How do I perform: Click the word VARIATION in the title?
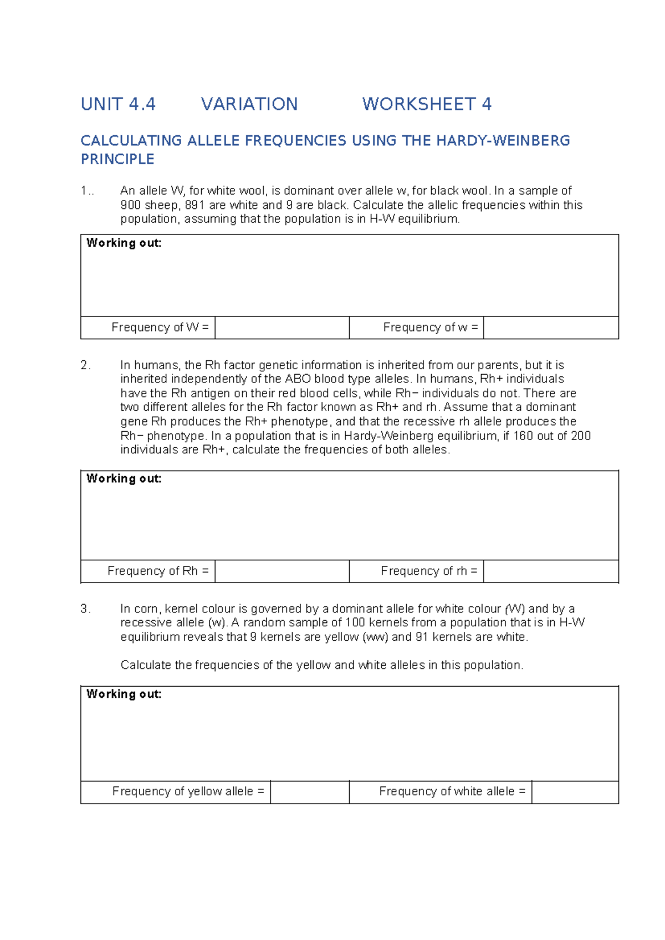click(249, 104)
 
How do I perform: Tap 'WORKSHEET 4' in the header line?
click(427, 104)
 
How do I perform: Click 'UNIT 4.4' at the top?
click(118, 104)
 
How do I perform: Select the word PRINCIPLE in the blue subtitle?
click(117, 159)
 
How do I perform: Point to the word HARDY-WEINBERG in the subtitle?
click(503, 141)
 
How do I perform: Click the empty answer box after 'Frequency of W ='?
click(282, 328)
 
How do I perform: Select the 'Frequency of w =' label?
click(430, 328)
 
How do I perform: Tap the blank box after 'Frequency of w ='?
click(551, 328)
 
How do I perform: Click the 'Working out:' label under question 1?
click(124, 243)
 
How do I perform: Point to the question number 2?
click(85, 365)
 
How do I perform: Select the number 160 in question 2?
click(523, 436)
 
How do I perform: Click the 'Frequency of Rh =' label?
click(158, 571)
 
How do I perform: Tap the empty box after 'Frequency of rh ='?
click(551, 571)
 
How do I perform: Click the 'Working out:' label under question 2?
click(124, 478)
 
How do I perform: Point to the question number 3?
click(85, 609)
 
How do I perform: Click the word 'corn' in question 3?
click(146, 609)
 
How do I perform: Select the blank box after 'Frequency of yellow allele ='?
click(309, 791)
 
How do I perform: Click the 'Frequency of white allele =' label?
click(452, 791)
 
